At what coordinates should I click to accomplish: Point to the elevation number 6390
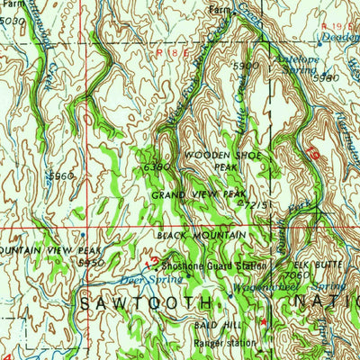pos(155,167)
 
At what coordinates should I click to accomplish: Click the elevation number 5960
pos(62,176)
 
